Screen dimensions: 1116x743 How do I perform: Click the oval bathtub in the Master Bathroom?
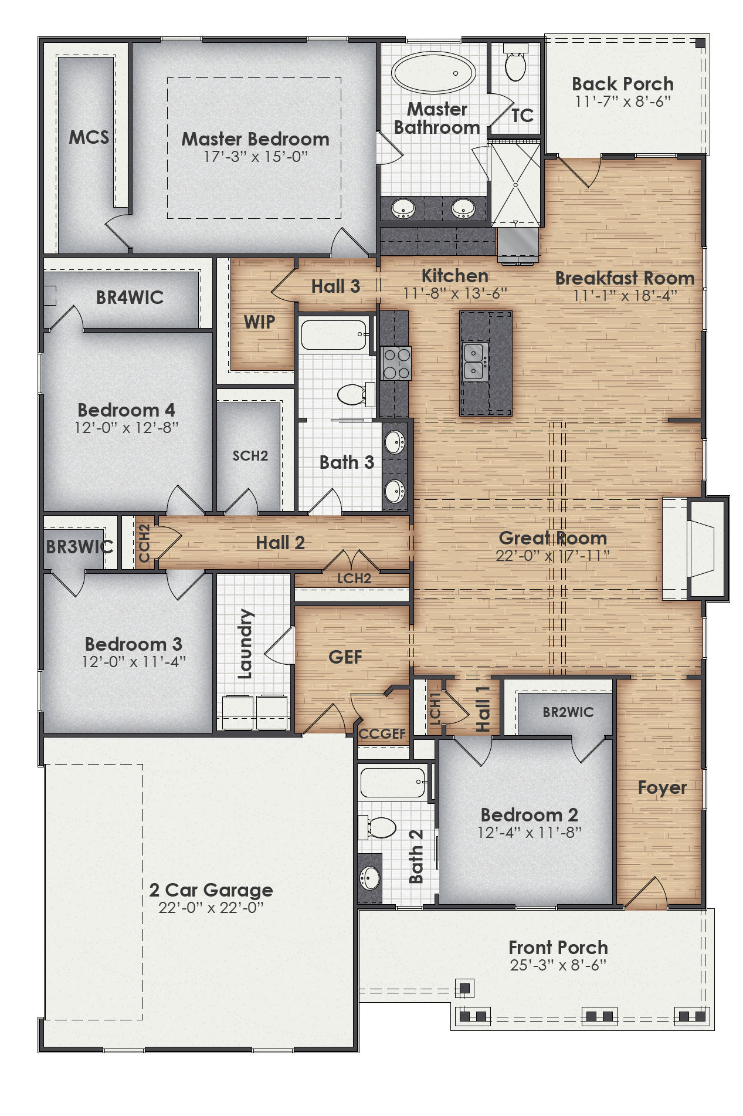click(433, 73)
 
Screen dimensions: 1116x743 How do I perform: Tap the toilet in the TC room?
click(515, 65)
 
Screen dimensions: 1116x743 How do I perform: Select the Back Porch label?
click(622, 84)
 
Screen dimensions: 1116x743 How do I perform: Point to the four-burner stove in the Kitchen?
click(396, 363)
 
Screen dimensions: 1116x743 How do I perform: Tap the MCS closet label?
click(89, 137)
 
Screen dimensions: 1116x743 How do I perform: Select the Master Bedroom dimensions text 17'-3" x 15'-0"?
click(255, 157)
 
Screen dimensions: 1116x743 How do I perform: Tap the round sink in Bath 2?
click(370, 878)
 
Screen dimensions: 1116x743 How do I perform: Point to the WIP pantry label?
click(259, 322)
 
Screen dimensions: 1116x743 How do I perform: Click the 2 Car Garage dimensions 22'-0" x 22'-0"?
click(211, 908)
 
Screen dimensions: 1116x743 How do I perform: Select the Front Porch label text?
click(558, 948)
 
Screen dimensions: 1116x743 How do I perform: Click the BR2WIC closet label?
click(568, 712)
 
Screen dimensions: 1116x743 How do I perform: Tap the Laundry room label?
click(246, 644)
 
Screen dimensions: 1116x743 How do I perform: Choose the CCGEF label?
click(382, 734)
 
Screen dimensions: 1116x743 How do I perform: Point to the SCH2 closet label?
click(250, 456)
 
